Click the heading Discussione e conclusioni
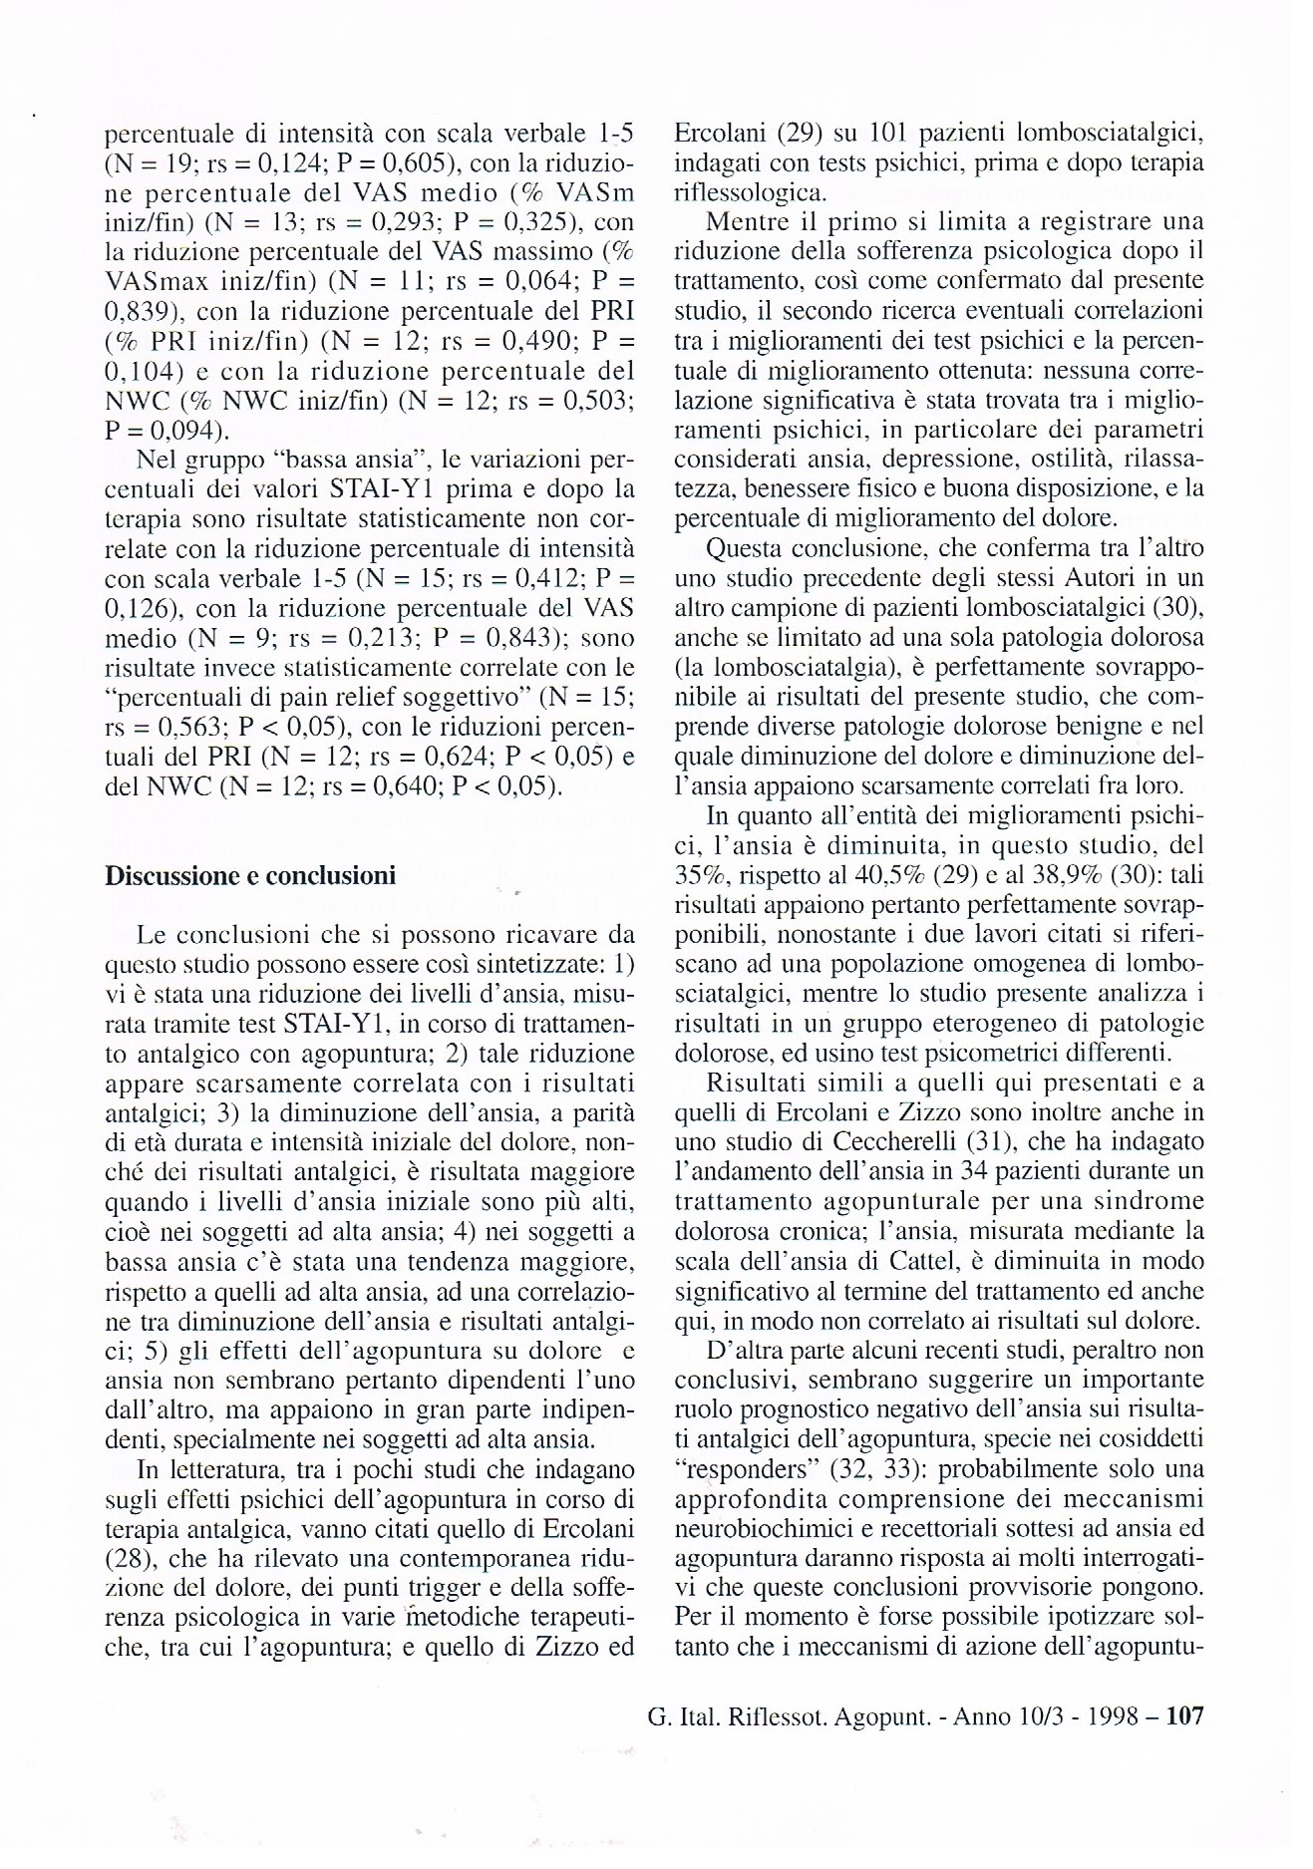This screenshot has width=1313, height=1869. coord(250,876)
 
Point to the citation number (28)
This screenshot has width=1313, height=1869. coord(127,1557)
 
